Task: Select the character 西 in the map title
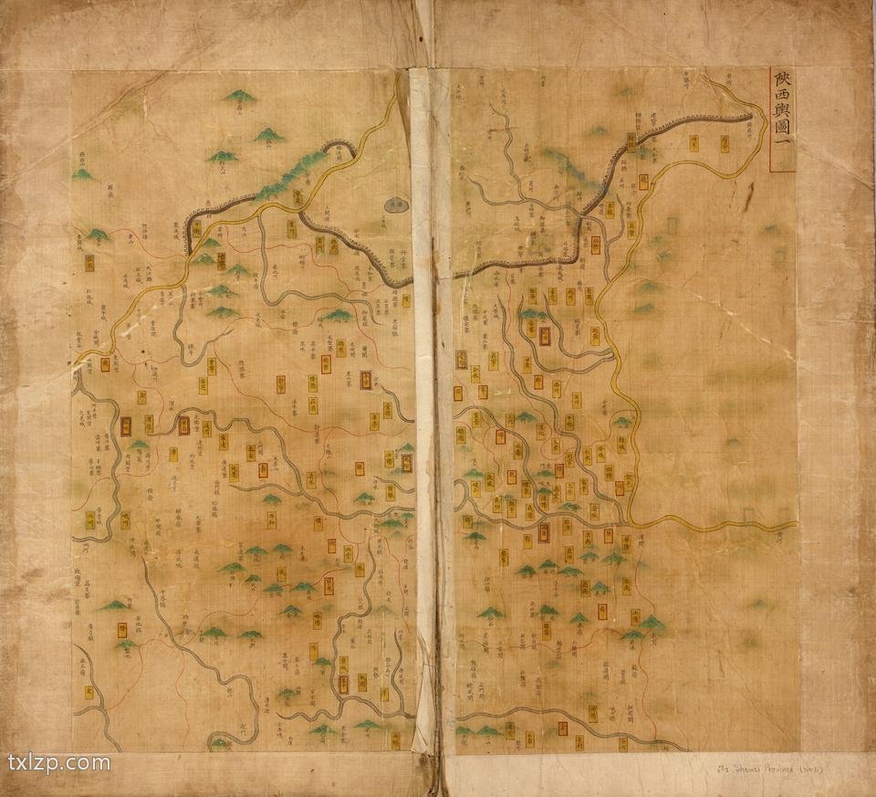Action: [x=781, y=102]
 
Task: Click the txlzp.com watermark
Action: [x=58, y=763]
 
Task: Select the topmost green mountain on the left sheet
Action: [x=239, y=96]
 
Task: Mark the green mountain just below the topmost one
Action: [x=268, y=136]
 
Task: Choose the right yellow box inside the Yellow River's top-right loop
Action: [x=725, y=142]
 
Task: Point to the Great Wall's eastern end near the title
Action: [x=750, y=115]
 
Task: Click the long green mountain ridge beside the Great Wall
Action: [x=290, y=173]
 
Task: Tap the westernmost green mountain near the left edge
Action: [x=82, y=173]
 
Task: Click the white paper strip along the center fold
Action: [x=423, y=411]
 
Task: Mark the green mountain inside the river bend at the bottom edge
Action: [x=220, y=743]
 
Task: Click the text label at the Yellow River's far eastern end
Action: [x=776, y=539]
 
